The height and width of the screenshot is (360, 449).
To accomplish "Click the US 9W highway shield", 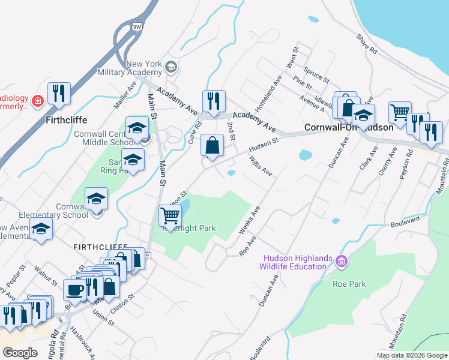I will [137, 26].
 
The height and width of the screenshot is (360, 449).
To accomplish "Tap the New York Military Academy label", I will [145, 68].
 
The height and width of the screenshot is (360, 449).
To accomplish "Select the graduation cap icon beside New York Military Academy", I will [172, 67].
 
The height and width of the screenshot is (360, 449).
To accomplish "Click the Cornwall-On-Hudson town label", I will [349, 127].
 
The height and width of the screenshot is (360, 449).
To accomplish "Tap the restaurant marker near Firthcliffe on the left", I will [59, 93].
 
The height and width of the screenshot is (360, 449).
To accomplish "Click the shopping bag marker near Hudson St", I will [212, 145].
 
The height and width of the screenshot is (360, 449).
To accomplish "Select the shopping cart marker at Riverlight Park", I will [170, 215].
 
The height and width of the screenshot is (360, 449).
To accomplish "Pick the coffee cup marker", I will [75, 290].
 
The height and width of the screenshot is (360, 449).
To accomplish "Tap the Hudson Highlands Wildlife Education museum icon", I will [342, 262].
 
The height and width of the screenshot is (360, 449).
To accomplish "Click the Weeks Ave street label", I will [249, 221].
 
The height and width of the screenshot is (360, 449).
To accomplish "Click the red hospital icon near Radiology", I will [38, 101].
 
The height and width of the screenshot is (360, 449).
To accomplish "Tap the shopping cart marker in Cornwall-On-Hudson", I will [400, 112].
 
